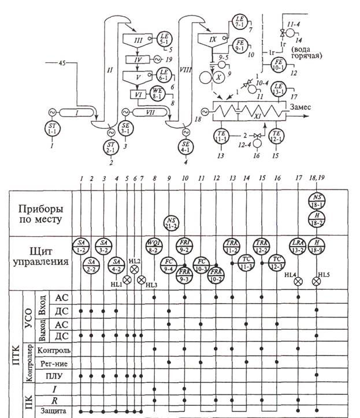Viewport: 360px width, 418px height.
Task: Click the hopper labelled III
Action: point(138,42)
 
